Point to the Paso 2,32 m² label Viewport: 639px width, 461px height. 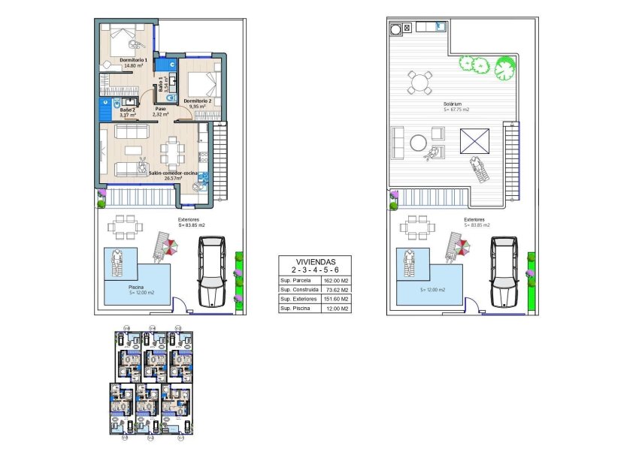click(x=160, y=112)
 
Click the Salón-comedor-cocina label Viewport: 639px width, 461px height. click(x=174, y=173)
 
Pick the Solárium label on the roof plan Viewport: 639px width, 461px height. click(x=452, y=104)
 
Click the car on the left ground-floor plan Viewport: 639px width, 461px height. click(x=210, y=272)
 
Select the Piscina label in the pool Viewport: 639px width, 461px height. click(x=135, y=287)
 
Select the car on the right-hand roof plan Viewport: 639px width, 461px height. click(x=503, y=272)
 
